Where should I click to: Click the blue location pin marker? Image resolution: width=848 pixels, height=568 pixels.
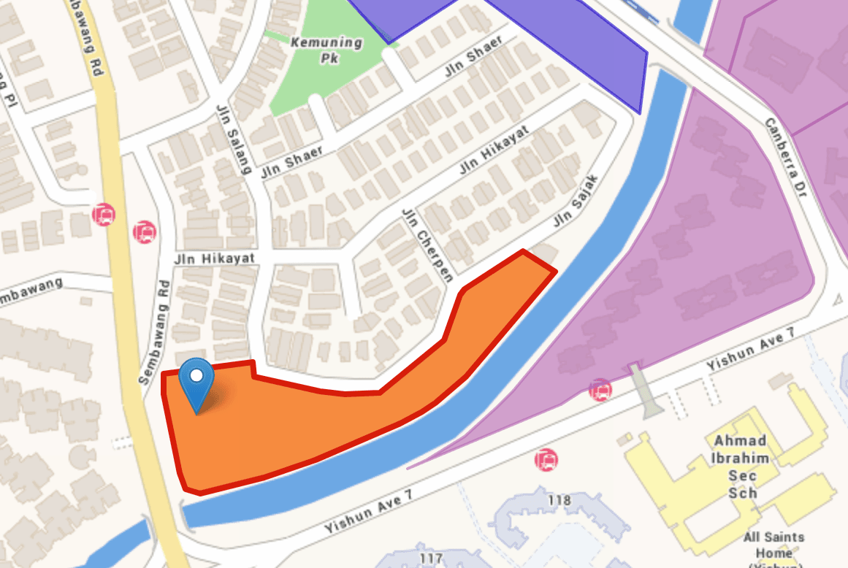[196, 381]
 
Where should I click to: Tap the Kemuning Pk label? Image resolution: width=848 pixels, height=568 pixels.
[326, 49]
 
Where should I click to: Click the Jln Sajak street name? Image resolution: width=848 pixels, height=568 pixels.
[576, 200]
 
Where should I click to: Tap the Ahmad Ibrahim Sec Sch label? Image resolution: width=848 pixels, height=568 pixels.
[740, 467]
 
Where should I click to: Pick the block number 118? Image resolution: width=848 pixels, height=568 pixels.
[559, 500]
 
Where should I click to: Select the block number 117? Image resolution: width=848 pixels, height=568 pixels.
[432, 559]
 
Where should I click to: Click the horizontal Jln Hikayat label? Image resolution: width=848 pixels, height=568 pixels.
[214, 259]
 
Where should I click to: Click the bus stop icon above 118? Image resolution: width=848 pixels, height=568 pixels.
[546, 460]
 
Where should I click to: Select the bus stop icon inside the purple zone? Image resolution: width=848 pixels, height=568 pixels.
[600, 390]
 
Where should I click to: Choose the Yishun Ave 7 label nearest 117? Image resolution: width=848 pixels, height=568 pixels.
[369, 510]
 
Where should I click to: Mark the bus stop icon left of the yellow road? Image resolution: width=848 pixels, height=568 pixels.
[104, 215]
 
